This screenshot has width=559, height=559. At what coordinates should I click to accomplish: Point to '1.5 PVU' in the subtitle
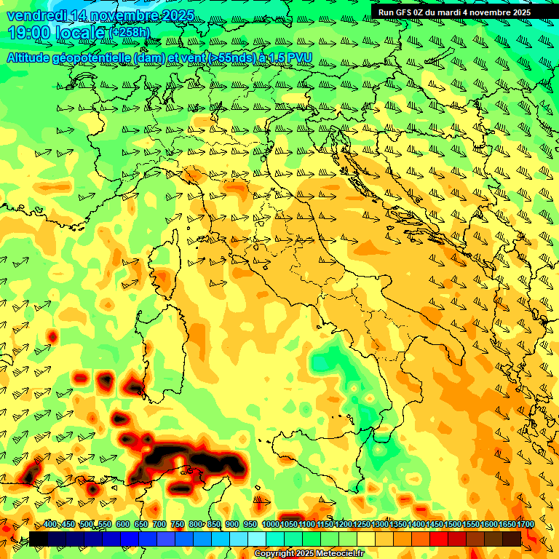pos(292,58)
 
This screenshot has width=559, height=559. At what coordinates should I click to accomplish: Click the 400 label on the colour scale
pos(50,525)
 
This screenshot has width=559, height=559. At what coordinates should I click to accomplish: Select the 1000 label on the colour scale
pos(271,525)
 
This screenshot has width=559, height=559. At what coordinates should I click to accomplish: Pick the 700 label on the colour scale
pos(159,525)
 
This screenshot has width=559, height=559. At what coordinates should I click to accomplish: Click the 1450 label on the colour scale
pos(435,525)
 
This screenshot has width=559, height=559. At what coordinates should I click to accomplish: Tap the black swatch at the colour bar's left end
pos(39,539)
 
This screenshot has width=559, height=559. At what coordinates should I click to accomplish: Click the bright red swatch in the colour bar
pos(439,539)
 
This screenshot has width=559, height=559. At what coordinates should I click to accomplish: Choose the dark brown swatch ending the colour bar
pos(512,539)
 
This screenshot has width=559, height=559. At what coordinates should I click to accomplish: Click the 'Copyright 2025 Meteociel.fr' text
pos(309,554)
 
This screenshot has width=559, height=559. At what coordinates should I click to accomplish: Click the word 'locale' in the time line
pos(81,33)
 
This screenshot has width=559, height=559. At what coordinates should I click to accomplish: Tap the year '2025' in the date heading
pos(175,15)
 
